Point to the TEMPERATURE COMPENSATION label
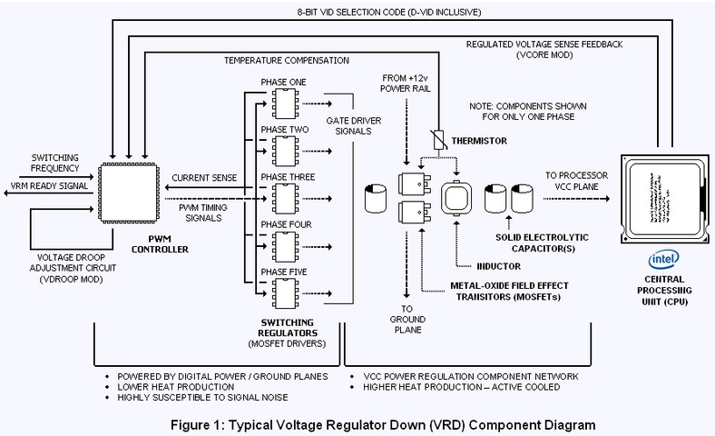coord(287,60)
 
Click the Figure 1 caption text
coord(358,423)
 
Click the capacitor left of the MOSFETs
coord(373,198)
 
